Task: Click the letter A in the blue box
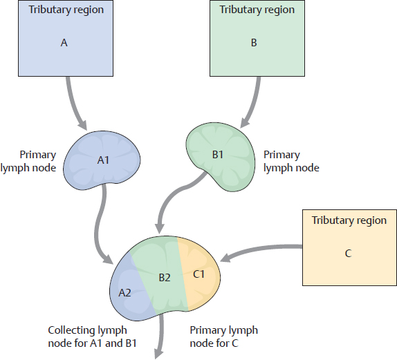pyautogui.click(x=64, y=42)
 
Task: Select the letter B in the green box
pyautogui.click(x=253, y=42)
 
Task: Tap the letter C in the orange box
pyautogui.click(x=347, y=253)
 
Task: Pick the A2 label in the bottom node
pyautogui.click(x=124, y=292)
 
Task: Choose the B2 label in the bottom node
pyautogui.click(x=164, y=278)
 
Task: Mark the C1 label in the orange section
pyautogui.click(x=199, y=274)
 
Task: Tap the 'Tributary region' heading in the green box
pyautogui.click(x=257, y=10)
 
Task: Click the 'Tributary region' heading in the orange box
pyautogui.click(x=349, y=220)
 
